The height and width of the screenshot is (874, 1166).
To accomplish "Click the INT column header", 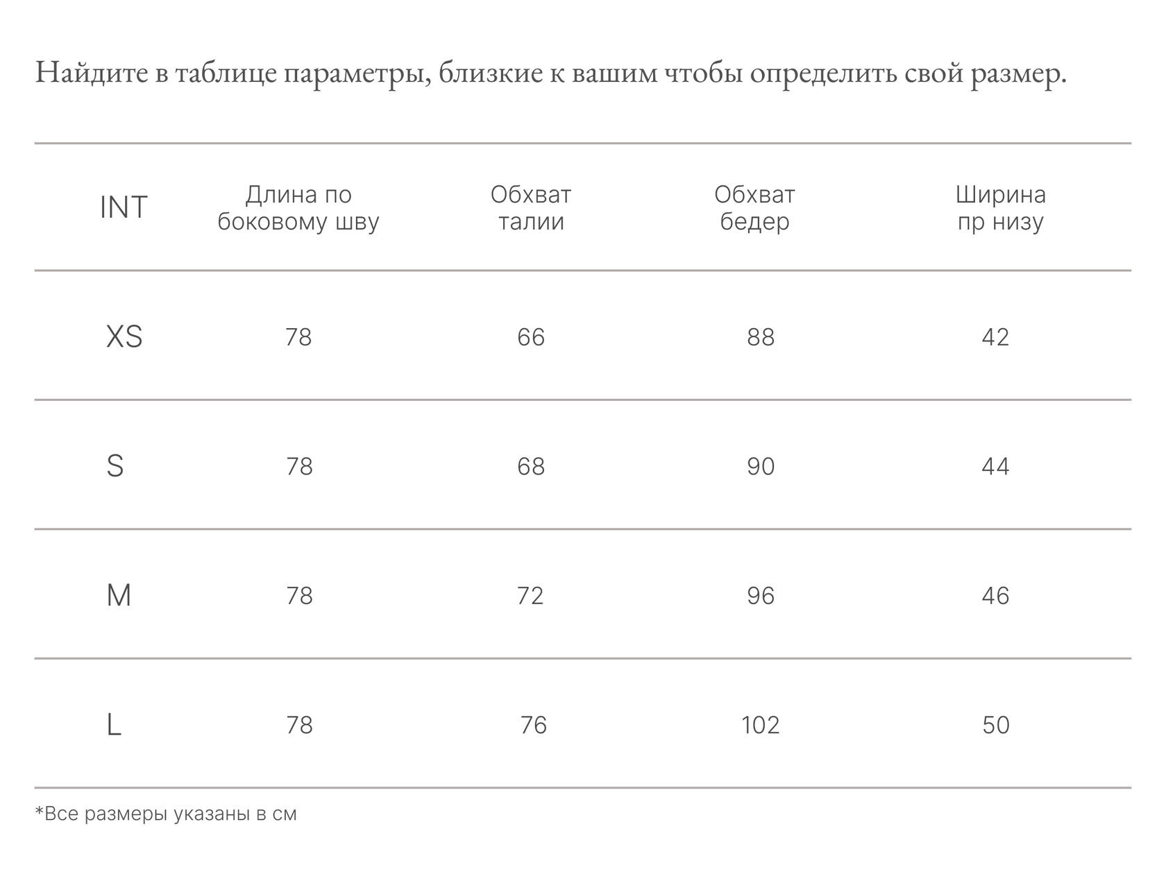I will pyautogui.click(x=124, y=207).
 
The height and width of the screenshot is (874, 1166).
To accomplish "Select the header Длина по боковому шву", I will pyautogui.click(x=298, y=208).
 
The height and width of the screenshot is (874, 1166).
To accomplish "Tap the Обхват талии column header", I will pyautogui.click(x=531, y=208).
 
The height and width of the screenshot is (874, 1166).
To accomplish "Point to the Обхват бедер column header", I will pyautogui.click(x=754, y=208).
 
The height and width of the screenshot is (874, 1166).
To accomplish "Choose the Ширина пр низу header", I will pyautogui.click(x=1000, y=208).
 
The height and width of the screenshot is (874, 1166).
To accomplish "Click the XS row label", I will pyautogui.click(x=124, y=337).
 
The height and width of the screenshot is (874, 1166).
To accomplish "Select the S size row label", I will pyautogui.click(x=115, y=466).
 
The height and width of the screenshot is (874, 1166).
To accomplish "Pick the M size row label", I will pyautogui.click(x=119, y=596).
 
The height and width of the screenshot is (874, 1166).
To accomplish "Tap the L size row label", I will pyautogui.click(x=115, y=725).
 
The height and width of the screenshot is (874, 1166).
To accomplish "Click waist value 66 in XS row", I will pyautogui.click(x=531, y=337).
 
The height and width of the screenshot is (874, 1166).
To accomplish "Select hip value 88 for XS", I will pyautogui.click(x=761, y=337).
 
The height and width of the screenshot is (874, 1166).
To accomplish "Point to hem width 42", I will pyautogui.click(x=995, y=337).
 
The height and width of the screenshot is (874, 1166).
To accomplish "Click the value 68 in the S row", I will pyautogui.click(x=531, y=466).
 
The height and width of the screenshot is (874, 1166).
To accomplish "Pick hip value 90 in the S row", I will pyautogui.click(x=761, y=466).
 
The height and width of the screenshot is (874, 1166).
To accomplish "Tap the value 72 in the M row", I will pyautogui.click(x=530, y=596).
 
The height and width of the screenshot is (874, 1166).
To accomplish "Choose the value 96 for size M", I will pyautogui.click(x=761, y=596).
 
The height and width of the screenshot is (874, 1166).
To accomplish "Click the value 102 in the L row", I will pyautogui.click(x=761, y=725).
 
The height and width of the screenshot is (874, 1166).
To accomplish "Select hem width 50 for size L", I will pyautogui.click(x=996, y=725).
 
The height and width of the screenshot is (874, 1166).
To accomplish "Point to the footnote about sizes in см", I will pyautogui.click(x=166, y=814).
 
